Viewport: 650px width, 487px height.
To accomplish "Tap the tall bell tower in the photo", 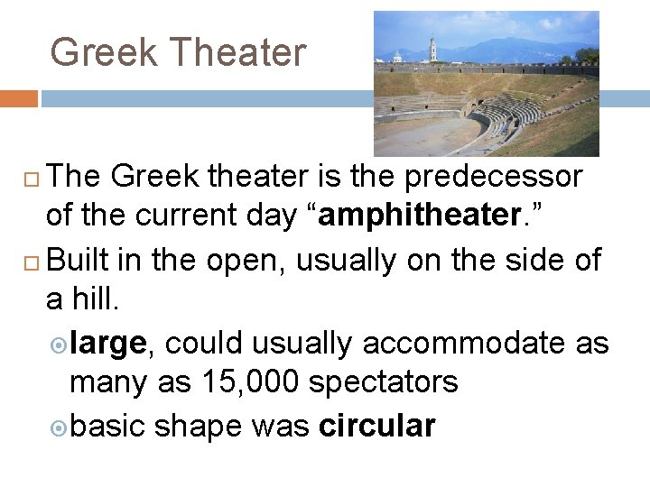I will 433,49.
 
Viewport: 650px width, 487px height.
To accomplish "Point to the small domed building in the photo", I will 397,58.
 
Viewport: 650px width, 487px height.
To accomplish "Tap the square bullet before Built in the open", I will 31,262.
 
